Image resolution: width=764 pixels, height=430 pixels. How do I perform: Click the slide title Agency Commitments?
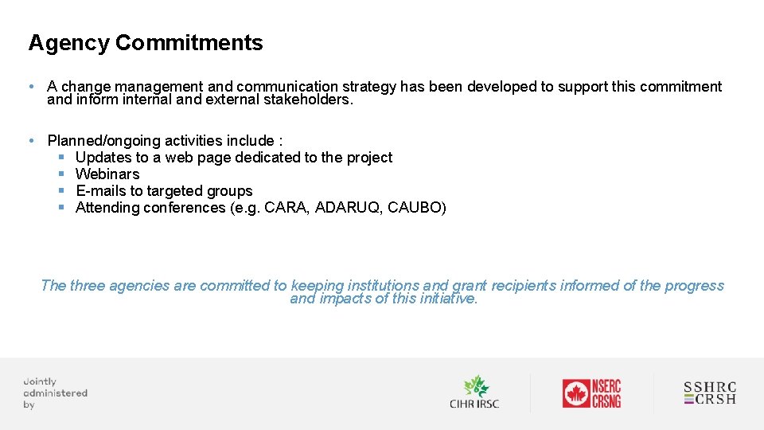[146, 43]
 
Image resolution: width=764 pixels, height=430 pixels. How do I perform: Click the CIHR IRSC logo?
[474, 392]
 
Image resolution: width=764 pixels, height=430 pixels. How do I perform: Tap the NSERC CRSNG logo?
[591, 393]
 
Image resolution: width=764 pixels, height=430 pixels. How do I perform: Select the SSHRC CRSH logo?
[710, 393]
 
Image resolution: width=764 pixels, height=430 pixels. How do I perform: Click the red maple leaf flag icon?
[576, 393]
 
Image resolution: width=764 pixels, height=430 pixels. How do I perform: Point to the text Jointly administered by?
[55, 393]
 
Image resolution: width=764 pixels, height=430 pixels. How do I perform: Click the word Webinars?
[107, 174]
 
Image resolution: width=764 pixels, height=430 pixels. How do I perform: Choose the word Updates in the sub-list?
[103, 158]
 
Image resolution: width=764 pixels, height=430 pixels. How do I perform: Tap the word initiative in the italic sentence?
[447, 299]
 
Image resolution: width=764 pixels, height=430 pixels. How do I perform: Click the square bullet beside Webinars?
[61, 174]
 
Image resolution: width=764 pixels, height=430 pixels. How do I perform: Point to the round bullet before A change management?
[29, 87]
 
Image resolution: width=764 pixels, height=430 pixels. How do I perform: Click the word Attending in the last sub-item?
[111, 208]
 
